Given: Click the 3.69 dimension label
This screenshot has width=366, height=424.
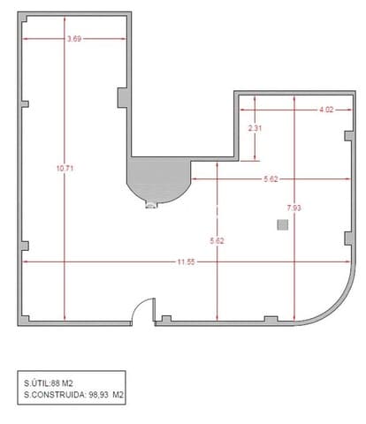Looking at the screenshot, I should (75, 38).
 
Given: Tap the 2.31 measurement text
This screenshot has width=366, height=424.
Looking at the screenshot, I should (255, 128).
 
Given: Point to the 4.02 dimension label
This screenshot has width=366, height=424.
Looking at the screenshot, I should (326, 110).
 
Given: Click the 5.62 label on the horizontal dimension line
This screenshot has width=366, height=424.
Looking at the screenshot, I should (271, 179).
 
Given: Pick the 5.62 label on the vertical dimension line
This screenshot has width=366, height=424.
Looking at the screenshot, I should (217, 240).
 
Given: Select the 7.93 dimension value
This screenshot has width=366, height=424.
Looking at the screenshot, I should (294, 208).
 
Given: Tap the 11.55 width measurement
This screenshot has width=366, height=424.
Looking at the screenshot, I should (185, 261).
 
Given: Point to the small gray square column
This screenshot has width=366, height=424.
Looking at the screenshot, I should (282, 225).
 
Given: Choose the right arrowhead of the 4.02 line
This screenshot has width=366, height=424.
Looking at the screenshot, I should (343, 110).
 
